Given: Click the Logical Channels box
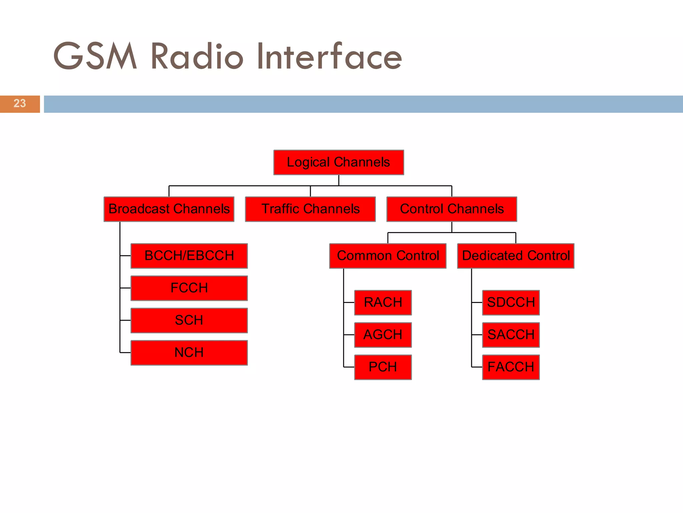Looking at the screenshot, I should click(x=338, y=162).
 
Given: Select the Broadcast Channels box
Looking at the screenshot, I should click(x=169, y=209).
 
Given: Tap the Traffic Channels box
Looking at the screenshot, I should click(x=310, y=209).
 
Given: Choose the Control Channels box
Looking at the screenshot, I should click(x=452, y=209).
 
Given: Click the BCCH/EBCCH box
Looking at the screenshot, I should click(x=189, y=256).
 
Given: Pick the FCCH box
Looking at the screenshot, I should click(x=189, y=288).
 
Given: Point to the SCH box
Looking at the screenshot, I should click(x=189, y=320).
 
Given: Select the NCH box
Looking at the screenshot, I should click(x=189, y=353).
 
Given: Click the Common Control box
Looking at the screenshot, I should click(x=388, y=256).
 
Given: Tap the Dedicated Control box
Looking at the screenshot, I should click(x=516, y=256).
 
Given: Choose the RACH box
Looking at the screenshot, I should click(x=383, y=303).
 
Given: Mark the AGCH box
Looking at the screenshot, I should click(x=383, y=335).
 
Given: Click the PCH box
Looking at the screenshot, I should click(x=383, y=367).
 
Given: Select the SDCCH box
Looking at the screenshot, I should click(x=511, y=303).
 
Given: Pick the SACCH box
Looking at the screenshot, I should click(x=511, y=335).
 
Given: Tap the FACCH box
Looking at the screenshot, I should click(x=511, y=367).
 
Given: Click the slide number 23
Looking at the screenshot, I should click(x=20, y=104).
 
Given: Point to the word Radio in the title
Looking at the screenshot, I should click(x=197, y=56).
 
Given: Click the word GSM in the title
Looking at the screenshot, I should click(x=95, y=56).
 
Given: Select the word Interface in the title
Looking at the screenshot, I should click(x=329, y=56).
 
